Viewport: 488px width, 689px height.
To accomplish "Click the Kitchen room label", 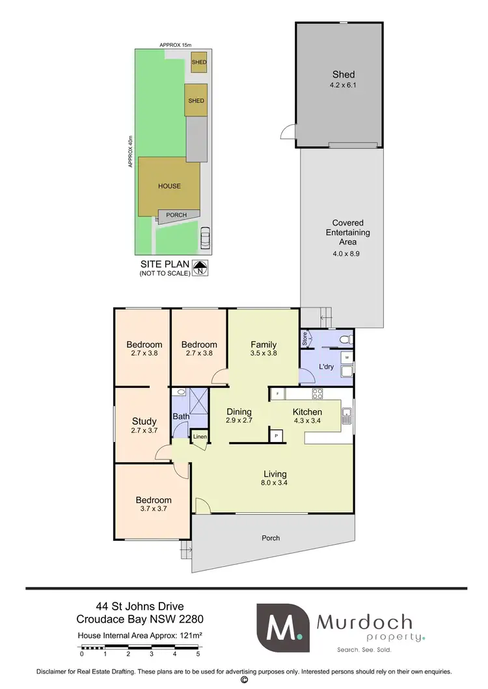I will tap(307, 412).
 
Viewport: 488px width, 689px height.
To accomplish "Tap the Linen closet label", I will tap(200, 437).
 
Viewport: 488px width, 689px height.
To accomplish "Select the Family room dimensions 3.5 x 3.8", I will tap(264, 354).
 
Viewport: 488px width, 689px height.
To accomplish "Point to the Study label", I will tap(144, 421).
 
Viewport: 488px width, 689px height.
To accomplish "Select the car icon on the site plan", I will tap(206, 239).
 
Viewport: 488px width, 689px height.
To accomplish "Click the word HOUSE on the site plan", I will tap(169, 186).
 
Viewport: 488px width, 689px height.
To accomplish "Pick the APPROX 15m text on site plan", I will tap(176, 45).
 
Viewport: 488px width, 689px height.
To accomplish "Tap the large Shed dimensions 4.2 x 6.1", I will tap(344, 84).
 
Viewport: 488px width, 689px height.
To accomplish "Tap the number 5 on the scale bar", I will tap(198, 654).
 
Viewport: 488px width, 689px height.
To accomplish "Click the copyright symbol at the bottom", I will tap(244, 680).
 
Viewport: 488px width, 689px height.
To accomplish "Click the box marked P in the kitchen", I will tap(276, 435).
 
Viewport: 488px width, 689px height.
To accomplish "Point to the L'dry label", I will tap(326, 367).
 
